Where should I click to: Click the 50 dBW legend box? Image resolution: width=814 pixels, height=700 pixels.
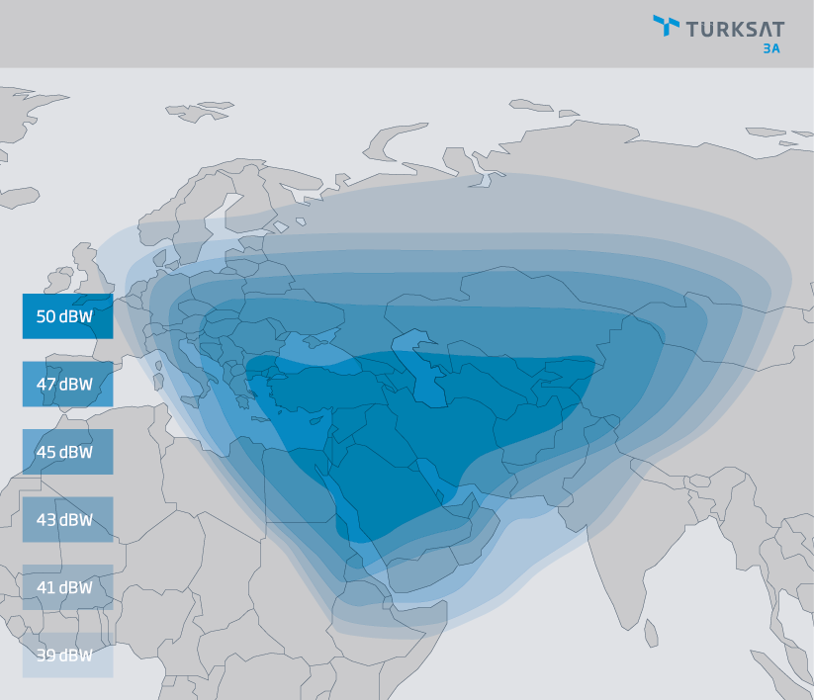tap(67, 316)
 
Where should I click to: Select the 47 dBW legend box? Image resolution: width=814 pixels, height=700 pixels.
tap(67, 385)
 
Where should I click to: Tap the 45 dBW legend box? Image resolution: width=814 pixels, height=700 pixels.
tap(67, 452)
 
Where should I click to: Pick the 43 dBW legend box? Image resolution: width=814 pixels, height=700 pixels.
tap(67, 519)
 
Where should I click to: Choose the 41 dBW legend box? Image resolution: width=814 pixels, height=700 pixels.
tap(67, 587)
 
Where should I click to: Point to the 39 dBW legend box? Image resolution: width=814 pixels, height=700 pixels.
tap(67, 655)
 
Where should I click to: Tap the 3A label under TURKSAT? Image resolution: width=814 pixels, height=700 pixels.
tap(770, 47)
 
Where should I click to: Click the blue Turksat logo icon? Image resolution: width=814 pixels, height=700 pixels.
tap(666, 26)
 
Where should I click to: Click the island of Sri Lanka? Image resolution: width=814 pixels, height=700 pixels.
tap(651, 633)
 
